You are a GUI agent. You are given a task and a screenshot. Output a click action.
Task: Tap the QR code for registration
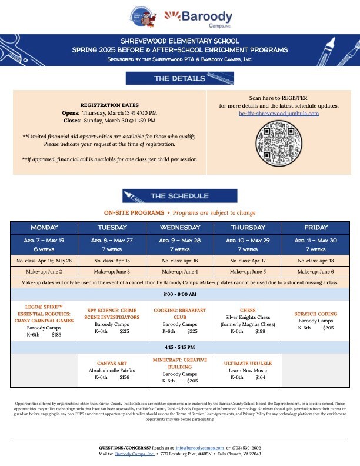click(x=279, y=143)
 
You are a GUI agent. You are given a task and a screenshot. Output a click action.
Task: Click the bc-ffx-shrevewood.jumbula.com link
click(x=279, y=113)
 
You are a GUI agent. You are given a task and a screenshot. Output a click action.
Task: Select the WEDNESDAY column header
click(x=179, y=227)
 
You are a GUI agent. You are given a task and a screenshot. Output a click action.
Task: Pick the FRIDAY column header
click(x=316, y=227)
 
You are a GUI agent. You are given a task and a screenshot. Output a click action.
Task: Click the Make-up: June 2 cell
click(x=44, y=271)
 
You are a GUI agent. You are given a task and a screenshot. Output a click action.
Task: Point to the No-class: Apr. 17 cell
click(x=248, y=260)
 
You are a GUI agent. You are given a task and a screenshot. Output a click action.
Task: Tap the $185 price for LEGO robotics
click(x=56, y=335)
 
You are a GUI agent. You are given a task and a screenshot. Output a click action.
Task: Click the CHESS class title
click(x=248, y=310)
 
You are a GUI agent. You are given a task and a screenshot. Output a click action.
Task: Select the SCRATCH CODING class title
click(x=316, y=314)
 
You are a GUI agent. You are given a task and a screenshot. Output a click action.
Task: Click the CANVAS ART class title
click(x=112, y=362)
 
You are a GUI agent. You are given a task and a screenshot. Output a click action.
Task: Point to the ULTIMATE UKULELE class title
click(x=248, y=364)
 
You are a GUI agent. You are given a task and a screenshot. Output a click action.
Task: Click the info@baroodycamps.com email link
click(x=200, y=448)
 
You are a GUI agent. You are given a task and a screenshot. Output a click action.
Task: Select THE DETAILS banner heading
click(x=179, y=78)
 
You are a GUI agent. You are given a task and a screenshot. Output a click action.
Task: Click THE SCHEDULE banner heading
click(x=179, y=196)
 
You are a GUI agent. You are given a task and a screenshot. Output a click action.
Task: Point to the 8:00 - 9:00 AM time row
click(x=179, y=294)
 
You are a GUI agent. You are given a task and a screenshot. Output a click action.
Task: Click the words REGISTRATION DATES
click(x=109, y=105)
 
